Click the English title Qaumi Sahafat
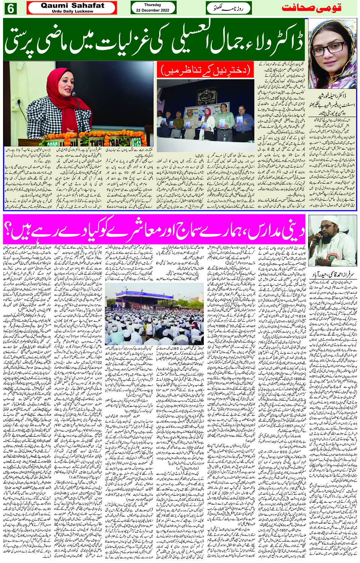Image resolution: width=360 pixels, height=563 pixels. (72, 5)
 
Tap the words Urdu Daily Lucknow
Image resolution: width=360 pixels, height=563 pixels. (72, 11)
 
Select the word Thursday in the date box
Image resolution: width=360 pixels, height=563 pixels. (153, 5)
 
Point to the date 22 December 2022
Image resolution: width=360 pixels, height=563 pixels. (153, 10)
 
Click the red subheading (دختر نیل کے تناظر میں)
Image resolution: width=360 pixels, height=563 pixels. (206, 70)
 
